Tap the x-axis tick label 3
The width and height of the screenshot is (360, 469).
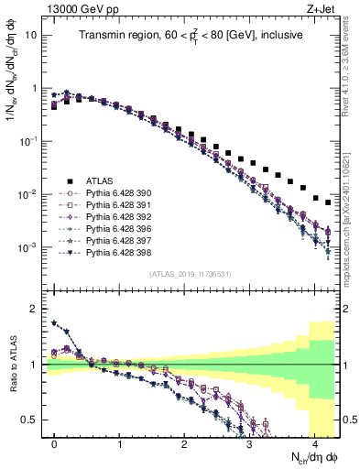click(x=250, y=444)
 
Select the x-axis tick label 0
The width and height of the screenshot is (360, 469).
click(x=55, y=444)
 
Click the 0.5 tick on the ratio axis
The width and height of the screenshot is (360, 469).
click(x=32, y=420)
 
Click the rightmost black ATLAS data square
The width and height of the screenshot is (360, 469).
click(x=328, y=202)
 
